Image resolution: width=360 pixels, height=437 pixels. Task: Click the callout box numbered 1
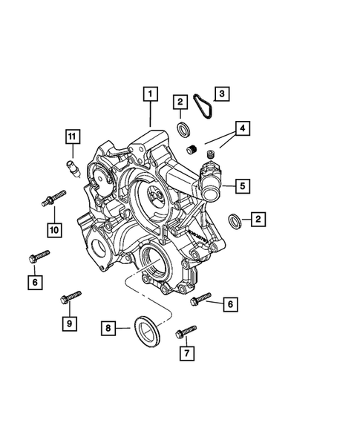[151, 94]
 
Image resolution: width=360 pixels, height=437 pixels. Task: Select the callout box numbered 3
[222, 93]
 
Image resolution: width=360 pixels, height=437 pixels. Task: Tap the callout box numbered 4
[243, 128]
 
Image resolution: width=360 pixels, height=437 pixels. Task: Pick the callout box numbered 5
[243, 186]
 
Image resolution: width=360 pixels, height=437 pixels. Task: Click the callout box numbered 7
[187, 353]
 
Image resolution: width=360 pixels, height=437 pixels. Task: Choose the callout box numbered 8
[108, 329]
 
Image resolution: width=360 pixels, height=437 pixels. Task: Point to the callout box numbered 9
[70, 323]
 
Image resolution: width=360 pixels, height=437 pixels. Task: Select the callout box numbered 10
[54, 230]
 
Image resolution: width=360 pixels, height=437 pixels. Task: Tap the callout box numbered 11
[73, 137]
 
